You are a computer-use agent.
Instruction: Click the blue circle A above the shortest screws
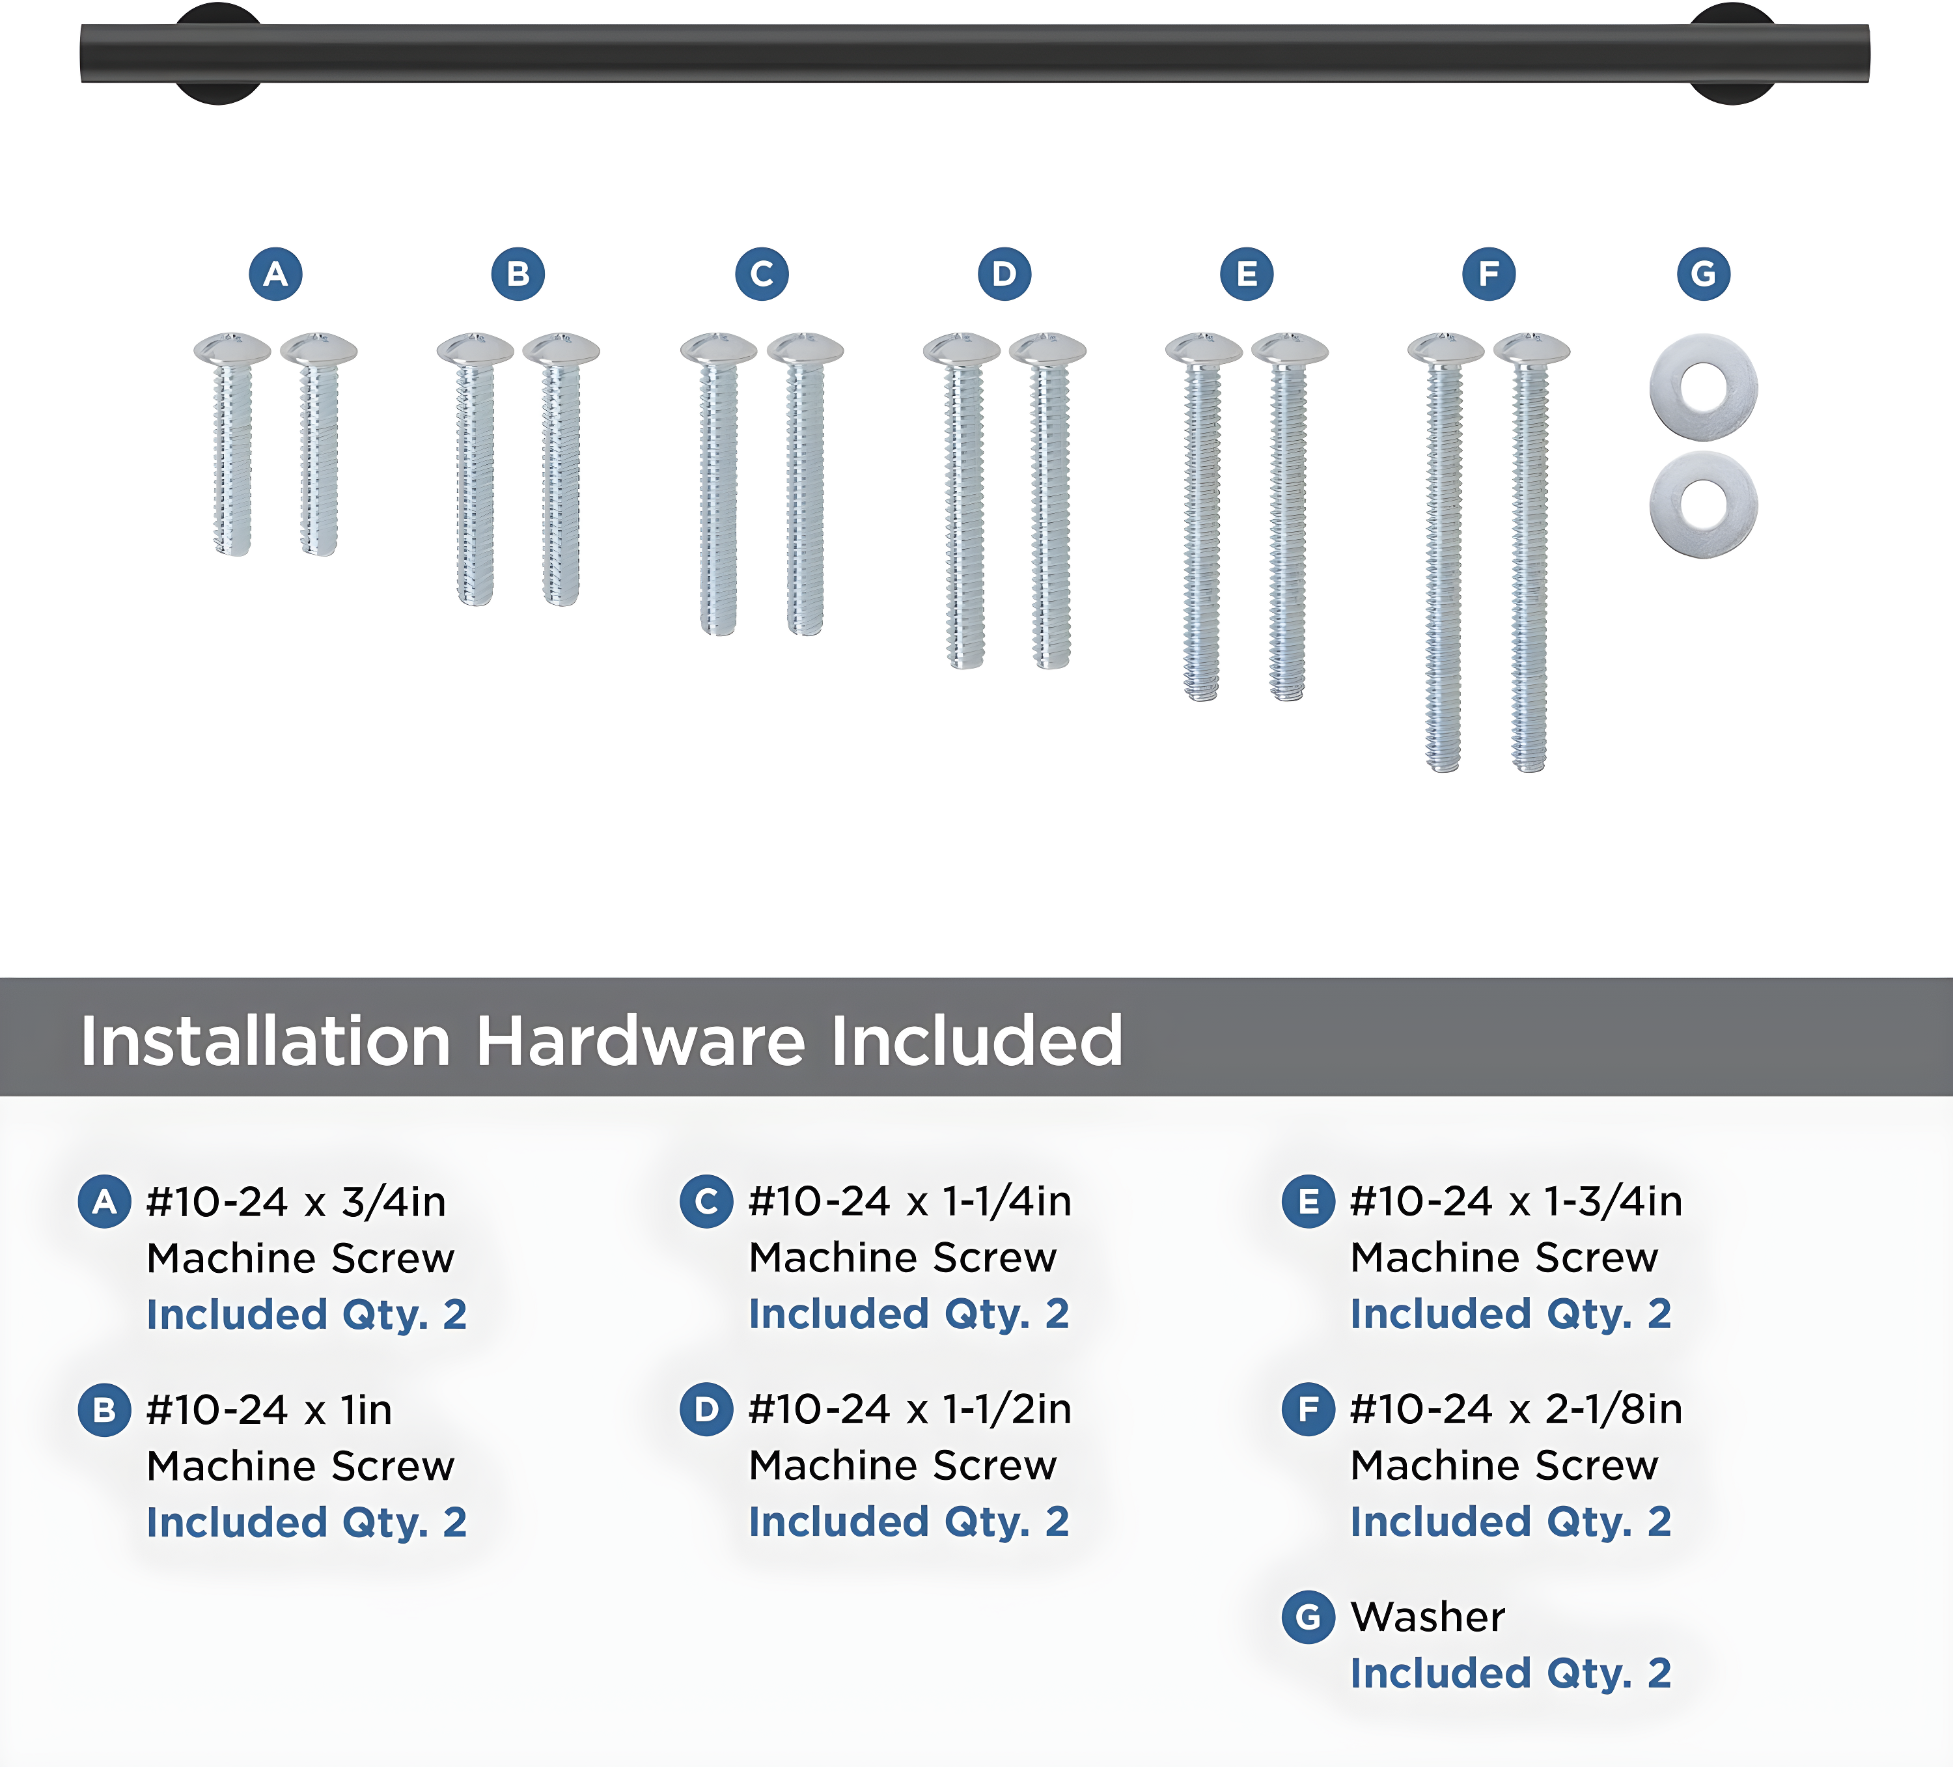click(276, 274)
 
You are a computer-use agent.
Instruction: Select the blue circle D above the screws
click(1004, 274)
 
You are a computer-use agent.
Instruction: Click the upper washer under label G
click(1704, 387)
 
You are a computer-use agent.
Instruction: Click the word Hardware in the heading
click(641, 1042)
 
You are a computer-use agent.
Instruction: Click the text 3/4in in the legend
click(393, 1203)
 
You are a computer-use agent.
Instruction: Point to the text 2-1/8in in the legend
click(1614, 1410)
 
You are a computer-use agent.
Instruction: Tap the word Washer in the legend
click(1428, 1617)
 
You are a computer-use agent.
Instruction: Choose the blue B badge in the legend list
click(105, 1410)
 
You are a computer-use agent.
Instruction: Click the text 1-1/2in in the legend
click(1008, 1410)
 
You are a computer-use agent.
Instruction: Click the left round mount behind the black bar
click(219, 53)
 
